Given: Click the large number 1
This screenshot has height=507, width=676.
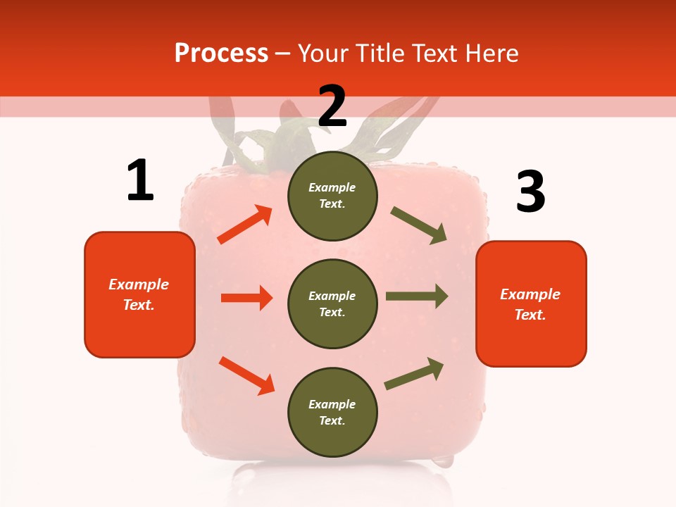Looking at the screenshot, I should pyautogui.click(x=140, y=180).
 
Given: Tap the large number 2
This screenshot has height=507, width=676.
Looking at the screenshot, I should pyautogui.click(x=332, y=106).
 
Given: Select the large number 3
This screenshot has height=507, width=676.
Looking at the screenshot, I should pyautogui.click(x=530, y=192).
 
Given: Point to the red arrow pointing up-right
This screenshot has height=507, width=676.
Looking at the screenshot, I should pyautogui.click(x=245, y=225).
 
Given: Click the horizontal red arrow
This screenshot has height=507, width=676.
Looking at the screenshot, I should pyautogui.click(x=246, y=298).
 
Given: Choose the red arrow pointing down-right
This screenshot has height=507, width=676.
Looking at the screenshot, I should pyautogui.click(x=246, y=375).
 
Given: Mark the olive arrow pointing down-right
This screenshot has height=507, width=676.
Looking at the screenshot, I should pyautogui.click(x=419, y=225).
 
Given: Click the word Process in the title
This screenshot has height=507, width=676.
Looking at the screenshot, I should pyautogui.click(x=221, y=53).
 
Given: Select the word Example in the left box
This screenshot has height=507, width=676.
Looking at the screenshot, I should pyautogui.click(x=139, y=284).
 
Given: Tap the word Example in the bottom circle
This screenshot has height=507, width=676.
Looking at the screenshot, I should pyautogui.click(x=332, y=404).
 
